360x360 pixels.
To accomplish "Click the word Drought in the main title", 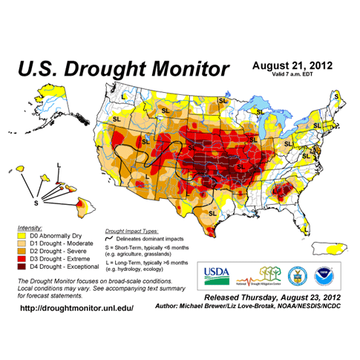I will (x=111, y=71).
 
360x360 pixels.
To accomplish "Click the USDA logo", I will (x=220, y=274).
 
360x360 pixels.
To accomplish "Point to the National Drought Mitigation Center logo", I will (x=258, y=275).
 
